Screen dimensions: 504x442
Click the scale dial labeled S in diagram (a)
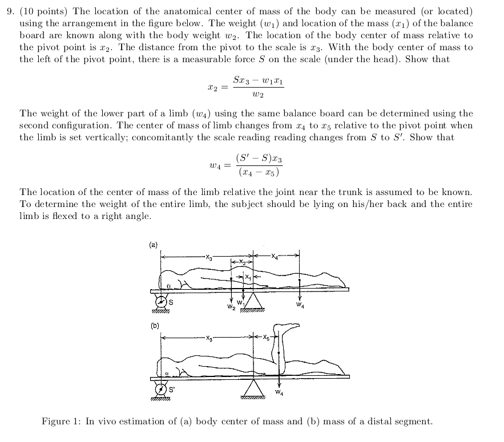pyautogui.click(x=161, y=302)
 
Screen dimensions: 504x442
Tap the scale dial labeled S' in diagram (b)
pyautogui.click(x=160, y=390)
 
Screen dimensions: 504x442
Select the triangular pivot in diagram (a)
pyautogui.click(x=253, y=301)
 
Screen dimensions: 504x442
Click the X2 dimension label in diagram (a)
pyautogui.click(x=241, y=262)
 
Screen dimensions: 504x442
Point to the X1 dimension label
pyautogui.click(x=248, y=277)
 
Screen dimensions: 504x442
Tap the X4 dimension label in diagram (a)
pyautogui.click(x=274, y=256)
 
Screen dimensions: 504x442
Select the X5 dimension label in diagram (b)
pyautogui.click(x=266, y=337)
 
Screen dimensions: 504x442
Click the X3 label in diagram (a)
pyautogui.click(x=209, y=257)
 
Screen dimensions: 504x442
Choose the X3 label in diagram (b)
pyautogui.click(x=209, y=338)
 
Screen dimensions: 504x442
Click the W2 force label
pyautogui.click(x=231, y=307)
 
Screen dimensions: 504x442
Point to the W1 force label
pyautogui.click(x=240, y=303)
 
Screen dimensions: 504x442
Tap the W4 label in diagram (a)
pyautogui.click(x=300, y=305)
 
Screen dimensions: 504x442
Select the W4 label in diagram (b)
pyautogui.click(x=279, y=392)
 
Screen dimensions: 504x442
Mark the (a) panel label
pyautogui.click(x=154, y=245)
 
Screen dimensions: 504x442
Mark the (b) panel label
pyautogui.click(x=155, y=326)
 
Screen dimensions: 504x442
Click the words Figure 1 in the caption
pyautogui.click(x=61, y=421)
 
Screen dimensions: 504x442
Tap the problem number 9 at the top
pyautogui.click(x=10, y=11)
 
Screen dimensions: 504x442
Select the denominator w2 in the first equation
pyautogui.click(x=258, y=95)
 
